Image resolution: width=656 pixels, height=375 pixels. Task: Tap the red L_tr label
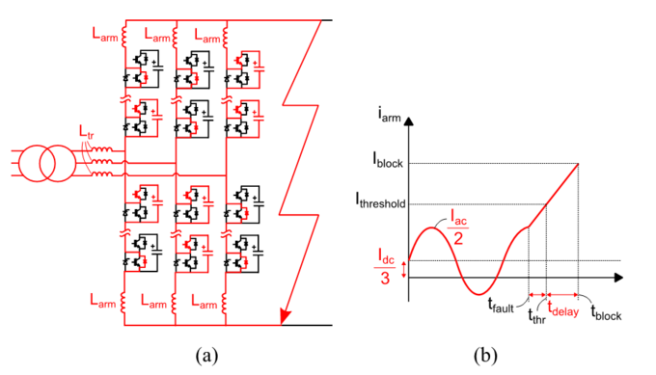click(x=89, y=130)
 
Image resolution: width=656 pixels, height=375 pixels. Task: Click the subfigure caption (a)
click(x=206, y=355)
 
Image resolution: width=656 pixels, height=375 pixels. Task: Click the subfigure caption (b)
click(x=484, y=355)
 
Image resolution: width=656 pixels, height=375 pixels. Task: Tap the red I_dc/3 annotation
click(x=385, y=269)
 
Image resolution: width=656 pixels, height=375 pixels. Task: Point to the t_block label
click(x=606, y=311)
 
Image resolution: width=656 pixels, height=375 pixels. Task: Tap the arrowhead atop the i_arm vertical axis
click(x=411, y=123)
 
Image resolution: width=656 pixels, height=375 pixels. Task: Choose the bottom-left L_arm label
click(x=106, y=303)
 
